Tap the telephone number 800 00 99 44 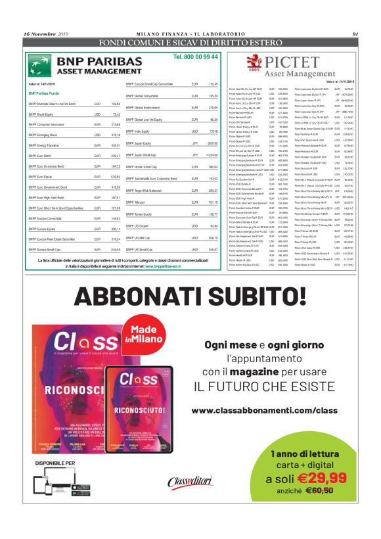tap(196, 58)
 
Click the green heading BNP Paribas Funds tap(45, 93)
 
